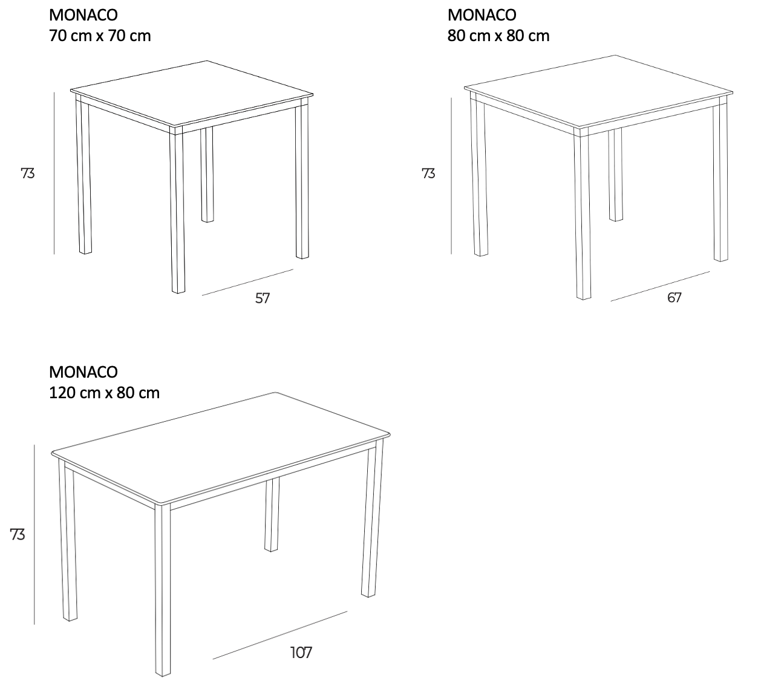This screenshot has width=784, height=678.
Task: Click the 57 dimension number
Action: click(263, 299)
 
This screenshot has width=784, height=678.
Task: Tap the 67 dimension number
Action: click(674, 297)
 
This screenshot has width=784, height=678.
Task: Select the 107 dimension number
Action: click(301, 653)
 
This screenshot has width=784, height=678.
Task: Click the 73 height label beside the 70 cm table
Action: click(28, 173)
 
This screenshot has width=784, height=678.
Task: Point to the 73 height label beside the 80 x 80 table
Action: click(428, 173)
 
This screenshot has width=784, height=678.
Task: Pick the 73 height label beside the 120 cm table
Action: click(18, 534)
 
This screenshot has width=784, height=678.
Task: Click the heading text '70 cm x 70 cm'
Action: click(100, 36)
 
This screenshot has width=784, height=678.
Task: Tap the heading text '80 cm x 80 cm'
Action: click(498, 36)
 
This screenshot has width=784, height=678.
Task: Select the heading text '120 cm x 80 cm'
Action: click(104, 393)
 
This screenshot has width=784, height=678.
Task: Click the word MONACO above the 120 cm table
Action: click(83, 372)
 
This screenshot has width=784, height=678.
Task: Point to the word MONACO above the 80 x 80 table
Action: click(482, 15)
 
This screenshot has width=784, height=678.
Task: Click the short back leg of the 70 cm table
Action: click(207, 174)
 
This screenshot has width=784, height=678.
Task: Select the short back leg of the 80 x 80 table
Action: click(615, 175)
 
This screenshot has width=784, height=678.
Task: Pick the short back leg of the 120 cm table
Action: click(272, 514)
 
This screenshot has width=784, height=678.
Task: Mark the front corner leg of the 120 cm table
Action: click(163, 590)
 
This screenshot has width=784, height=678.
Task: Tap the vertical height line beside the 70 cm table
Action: click(54, 173)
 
